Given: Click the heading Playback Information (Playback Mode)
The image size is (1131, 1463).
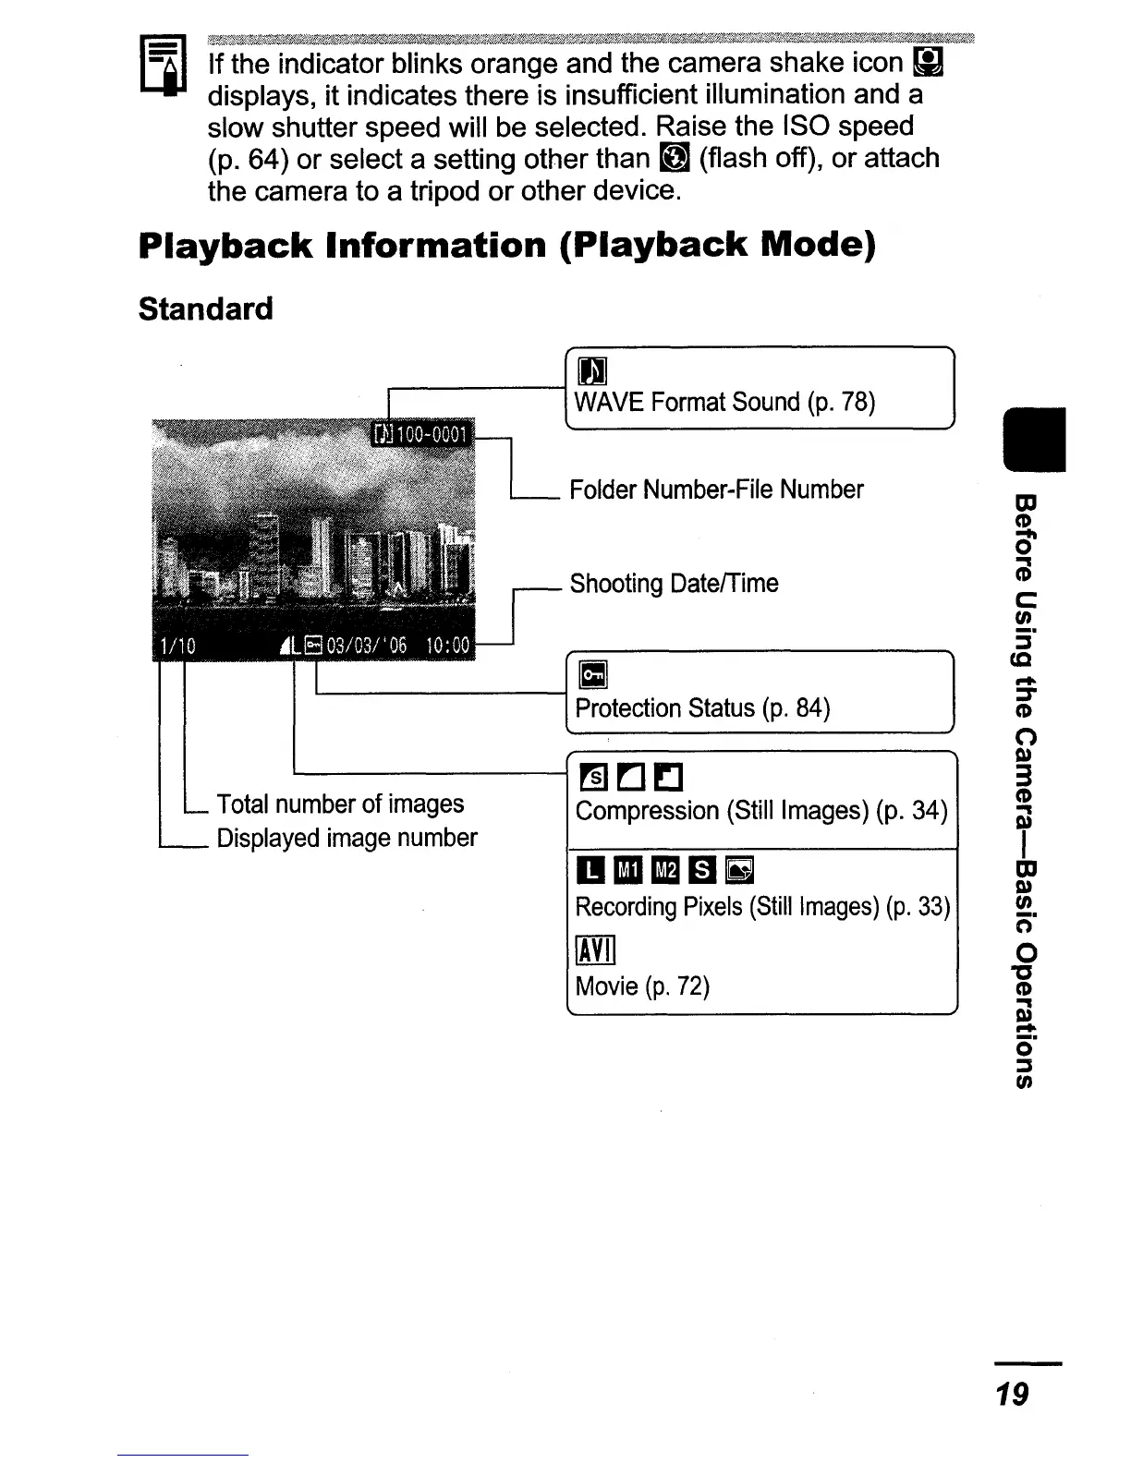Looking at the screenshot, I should click(x=506, y=246).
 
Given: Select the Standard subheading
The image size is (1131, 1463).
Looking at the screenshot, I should click(x=205, y=308).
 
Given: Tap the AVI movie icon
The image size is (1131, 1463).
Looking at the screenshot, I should click(x=595, y=949).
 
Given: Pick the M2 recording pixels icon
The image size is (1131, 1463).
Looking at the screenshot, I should click(x=665, y=869).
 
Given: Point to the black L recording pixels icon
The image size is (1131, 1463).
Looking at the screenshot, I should click(x=590, y=869).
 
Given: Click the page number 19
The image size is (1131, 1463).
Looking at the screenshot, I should click(x=1013, y=1394).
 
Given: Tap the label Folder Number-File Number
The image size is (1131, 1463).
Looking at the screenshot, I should click(x=716, y=489).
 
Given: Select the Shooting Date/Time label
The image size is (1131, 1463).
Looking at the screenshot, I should click(x=674, y=583).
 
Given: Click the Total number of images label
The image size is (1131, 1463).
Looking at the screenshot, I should click(x=340, y=804).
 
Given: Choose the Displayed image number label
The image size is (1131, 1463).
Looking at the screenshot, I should click(x=347, y=838).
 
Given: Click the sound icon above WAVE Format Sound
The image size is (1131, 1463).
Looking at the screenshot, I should click(x=591, y=371).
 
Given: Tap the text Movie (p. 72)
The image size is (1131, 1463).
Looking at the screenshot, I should click(x=642, y=986).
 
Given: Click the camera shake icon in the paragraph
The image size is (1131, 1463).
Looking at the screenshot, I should click(x=927, y=63).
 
